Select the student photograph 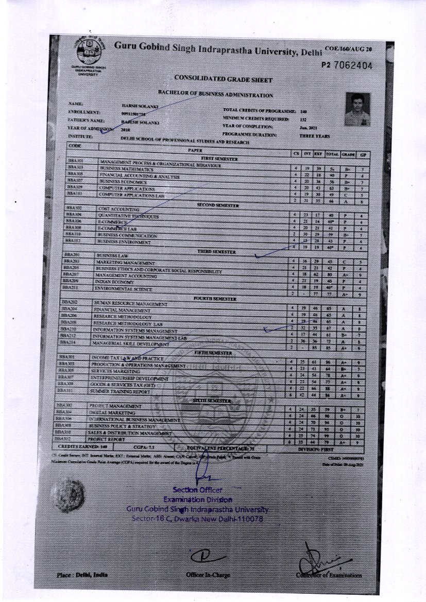(x=357, y=109)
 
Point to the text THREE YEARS (x=314, y=135)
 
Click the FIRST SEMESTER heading (x=219, y=159)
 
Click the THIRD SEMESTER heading (x=216, y=252)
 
